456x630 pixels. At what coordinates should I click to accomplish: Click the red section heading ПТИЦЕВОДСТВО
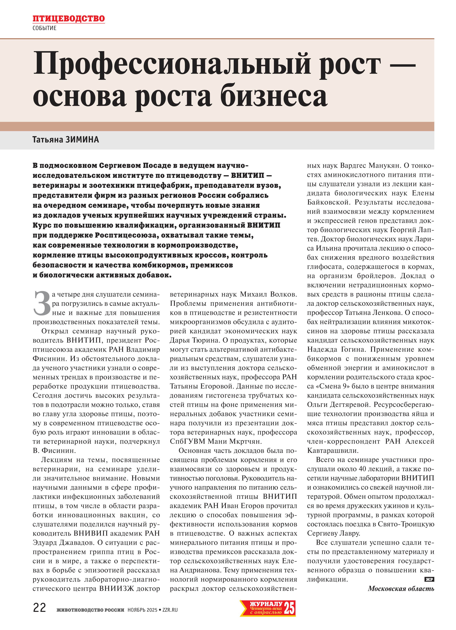tap(69, 18)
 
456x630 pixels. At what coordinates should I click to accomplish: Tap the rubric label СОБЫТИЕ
tap(44, 28)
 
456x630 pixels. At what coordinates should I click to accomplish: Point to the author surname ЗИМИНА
tap(82, 139)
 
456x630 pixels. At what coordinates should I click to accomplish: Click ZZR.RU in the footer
tap(170, 610)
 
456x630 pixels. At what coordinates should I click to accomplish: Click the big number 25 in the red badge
tap(289, 608)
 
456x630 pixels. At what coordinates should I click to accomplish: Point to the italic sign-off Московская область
tap(401, 589)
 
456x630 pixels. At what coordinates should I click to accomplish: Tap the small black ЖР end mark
tap(429, 579)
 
